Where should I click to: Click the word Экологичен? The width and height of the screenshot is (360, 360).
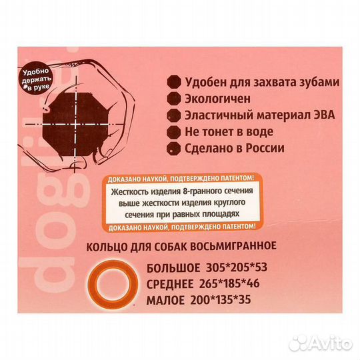click(217, 98)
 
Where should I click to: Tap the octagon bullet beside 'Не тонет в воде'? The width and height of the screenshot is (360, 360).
click(175, 131)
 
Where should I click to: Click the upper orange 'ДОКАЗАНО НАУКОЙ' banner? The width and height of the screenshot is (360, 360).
click(179, 179)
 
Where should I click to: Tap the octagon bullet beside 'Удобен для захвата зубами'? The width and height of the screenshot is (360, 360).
click(175, 82)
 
